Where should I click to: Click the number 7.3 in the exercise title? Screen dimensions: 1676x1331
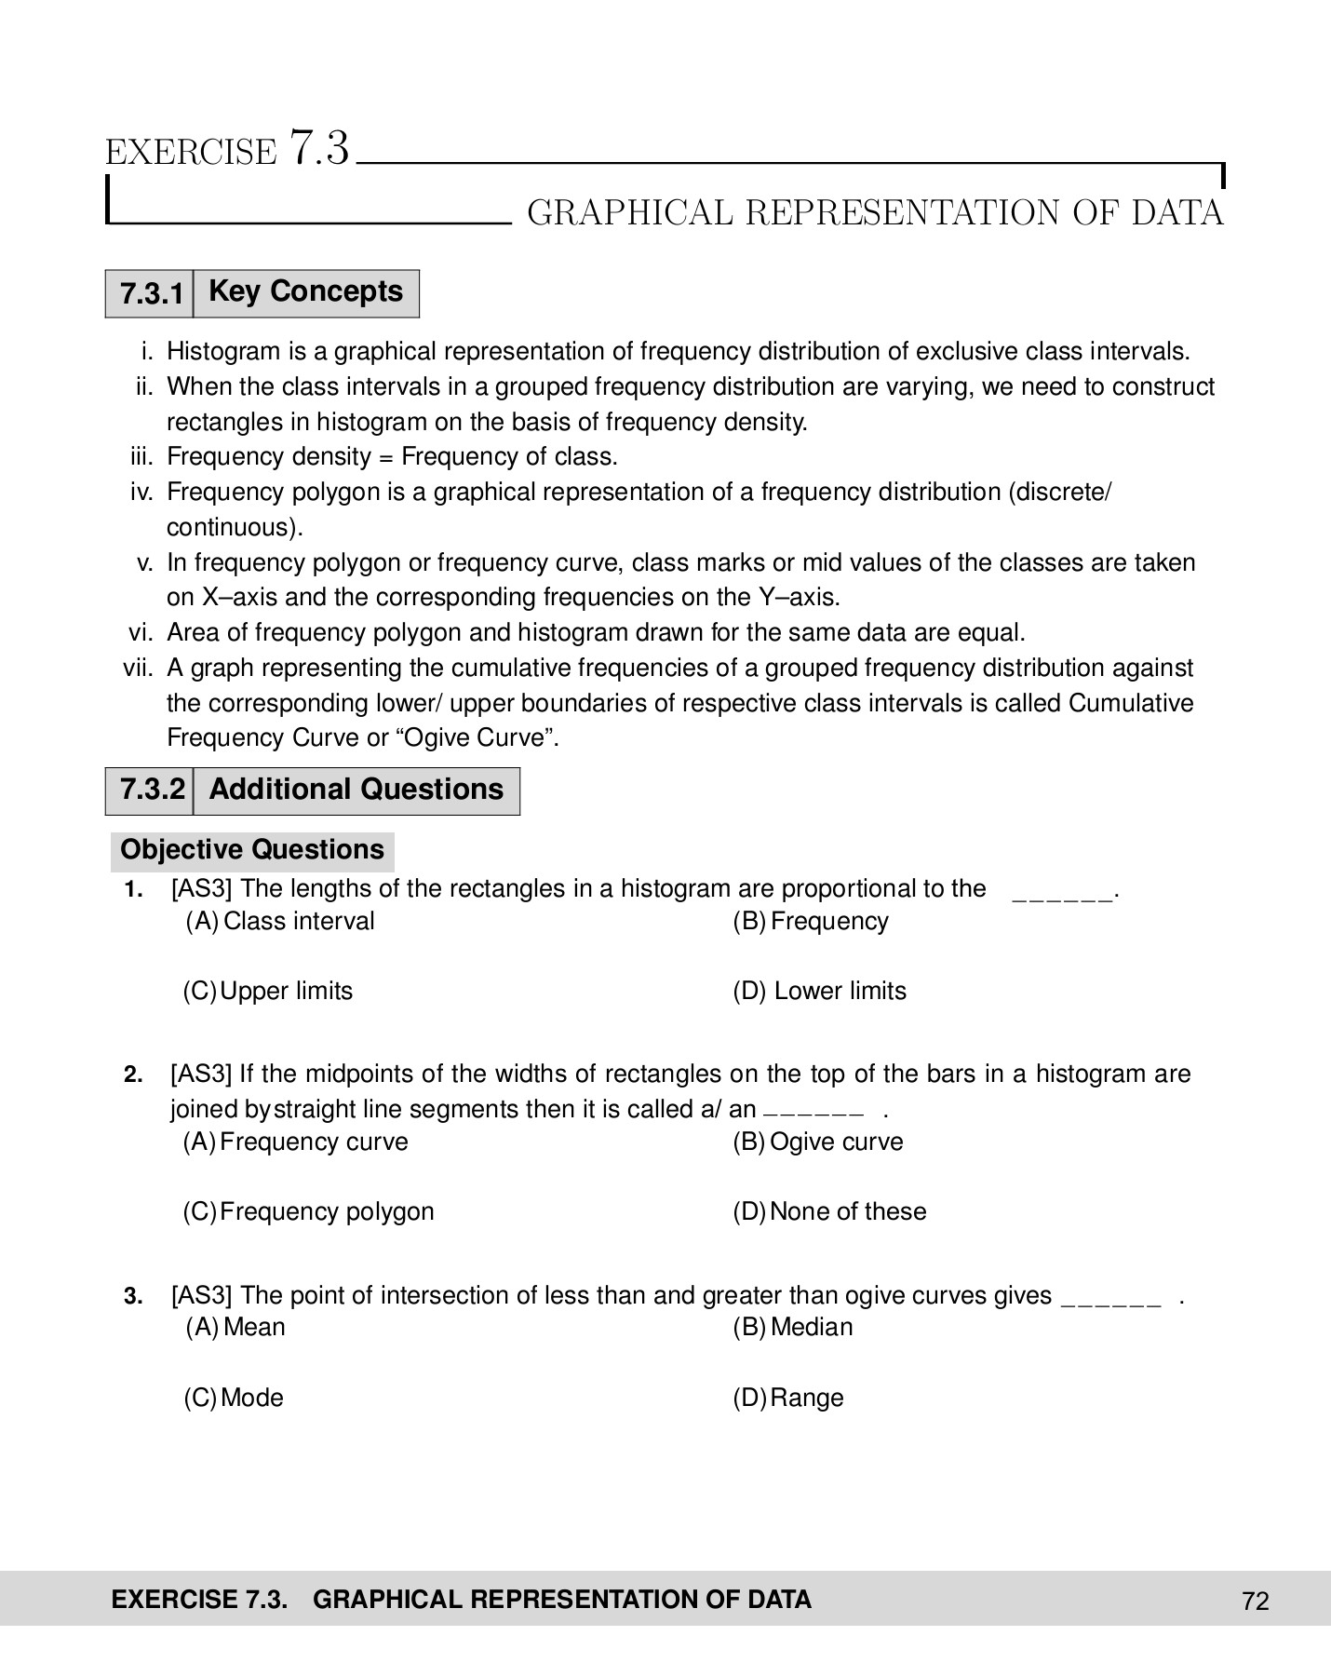[319, 148]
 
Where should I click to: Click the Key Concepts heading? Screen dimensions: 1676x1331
[305, 291]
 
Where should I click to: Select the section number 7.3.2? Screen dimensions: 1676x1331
[152, 790]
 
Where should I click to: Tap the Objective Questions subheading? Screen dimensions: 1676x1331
[252, 849]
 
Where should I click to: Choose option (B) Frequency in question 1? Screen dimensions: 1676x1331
[811, 921]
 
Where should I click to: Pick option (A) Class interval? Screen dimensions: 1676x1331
[281, 921]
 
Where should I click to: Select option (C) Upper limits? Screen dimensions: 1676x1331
[268, 991]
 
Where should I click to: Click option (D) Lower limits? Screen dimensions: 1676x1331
[819, 991]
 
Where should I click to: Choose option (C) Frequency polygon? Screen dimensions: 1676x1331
[309, 1211]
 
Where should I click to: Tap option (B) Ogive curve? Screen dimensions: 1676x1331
[818, 1142]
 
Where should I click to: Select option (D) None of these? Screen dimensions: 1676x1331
[829, 1211]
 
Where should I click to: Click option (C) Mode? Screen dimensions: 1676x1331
[234, 1398]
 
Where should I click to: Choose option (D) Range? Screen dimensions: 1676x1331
[788, 1398]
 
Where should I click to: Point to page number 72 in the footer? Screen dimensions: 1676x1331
[1255, 1601]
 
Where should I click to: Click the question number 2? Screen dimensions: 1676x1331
[133, 1075]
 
